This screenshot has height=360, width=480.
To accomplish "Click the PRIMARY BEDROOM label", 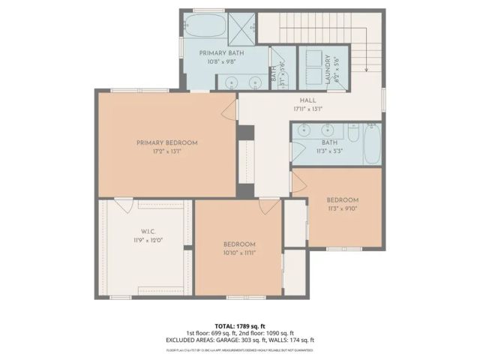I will coord(166,142).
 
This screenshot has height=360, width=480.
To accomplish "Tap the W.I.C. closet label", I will coord(148,231).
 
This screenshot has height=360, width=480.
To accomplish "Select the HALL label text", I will coord(307,100).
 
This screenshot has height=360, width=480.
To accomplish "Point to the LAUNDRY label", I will coord(328,67).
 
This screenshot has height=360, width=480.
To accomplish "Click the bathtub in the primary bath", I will coord(203,27).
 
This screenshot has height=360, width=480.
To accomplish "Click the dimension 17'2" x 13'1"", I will coord(166,151).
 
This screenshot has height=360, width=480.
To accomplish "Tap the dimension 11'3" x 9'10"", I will coord(342,208).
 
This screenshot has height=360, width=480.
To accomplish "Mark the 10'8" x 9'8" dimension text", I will coord(220,63).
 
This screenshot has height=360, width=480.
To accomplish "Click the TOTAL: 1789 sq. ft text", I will coord(239,325).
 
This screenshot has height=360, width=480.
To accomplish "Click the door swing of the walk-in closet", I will coord(124,203).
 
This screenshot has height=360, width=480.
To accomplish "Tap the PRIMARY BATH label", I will coord(220,54).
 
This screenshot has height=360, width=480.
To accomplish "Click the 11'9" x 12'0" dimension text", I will coord(148,240).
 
